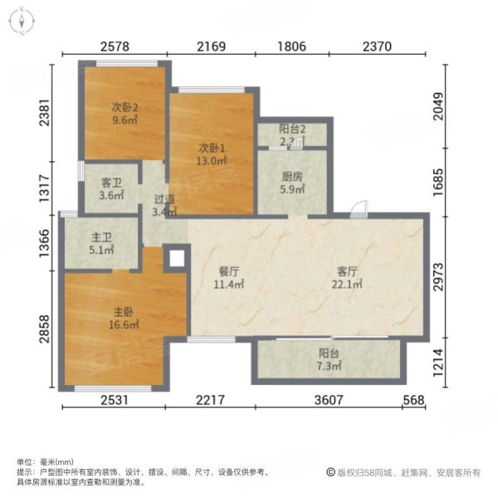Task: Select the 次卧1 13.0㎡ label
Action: (212, 154)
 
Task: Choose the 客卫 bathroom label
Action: (112, 190)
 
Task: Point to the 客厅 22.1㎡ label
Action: (349, 277)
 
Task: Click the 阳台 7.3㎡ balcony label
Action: (329, 359)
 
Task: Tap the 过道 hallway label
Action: (164, 205)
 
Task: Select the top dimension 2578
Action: (117, 46)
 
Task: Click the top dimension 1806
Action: (296, 46)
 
